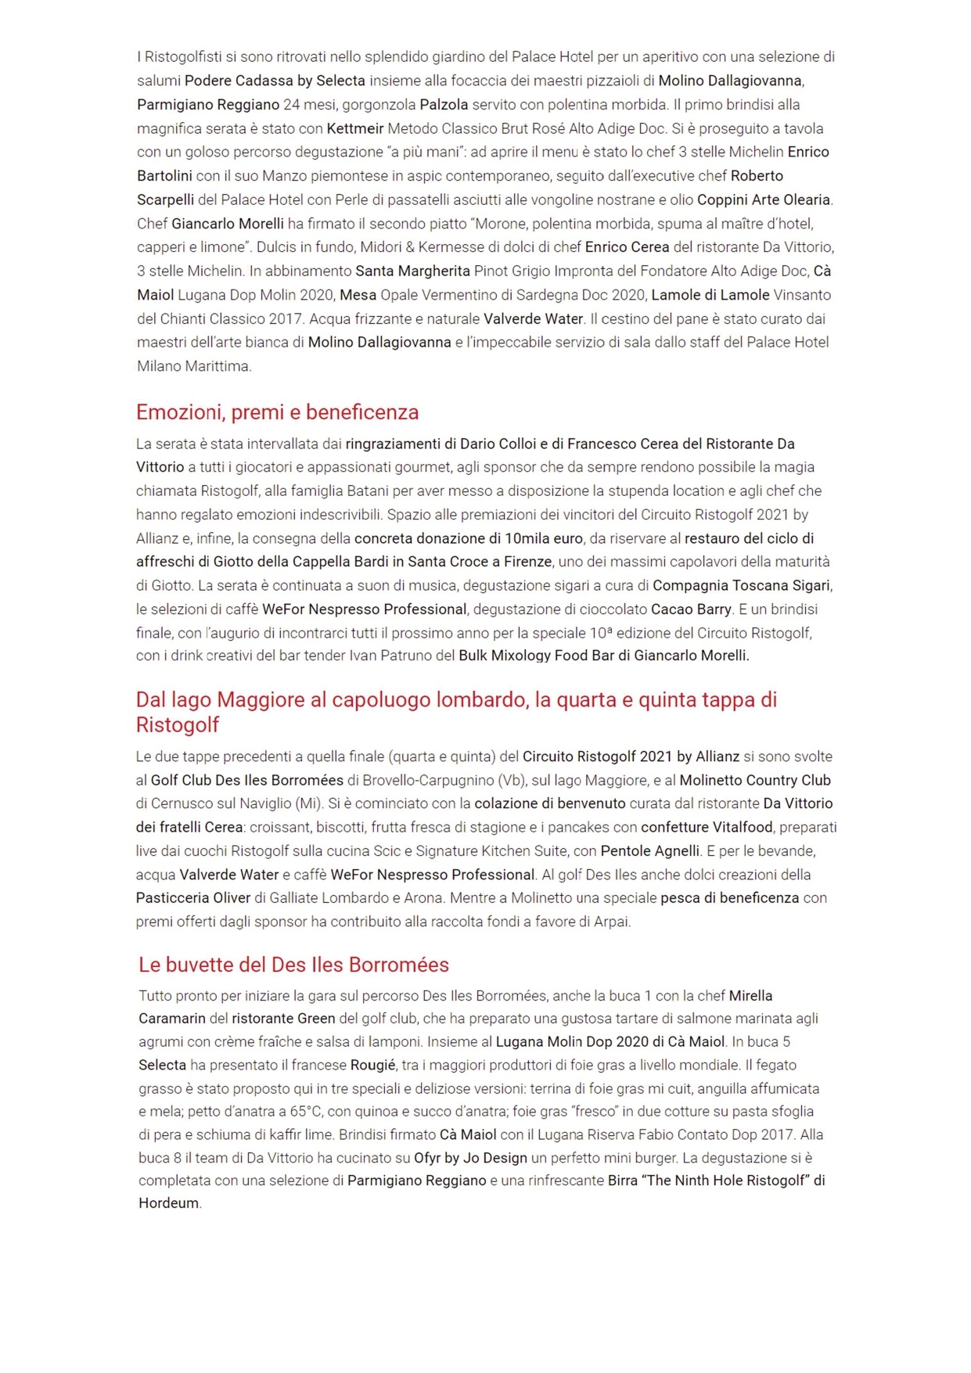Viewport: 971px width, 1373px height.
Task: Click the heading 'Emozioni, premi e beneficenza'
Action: [277, 412]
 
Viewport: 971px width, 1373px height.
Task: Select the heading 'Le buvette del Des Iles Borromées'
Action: [293, 965]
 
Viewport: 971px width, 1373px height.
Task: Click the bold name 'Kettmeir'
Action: [355, 128]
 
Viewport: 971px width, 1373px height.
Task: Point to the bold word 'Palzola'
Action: [444, 105]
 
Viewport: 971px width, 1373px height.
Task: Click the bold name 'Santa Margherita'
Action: [412, 271]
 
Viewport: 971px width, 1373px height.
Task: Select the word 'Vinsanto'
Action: [802, 295]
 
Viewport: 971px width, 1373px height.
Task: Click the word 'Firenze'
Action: [527, 562]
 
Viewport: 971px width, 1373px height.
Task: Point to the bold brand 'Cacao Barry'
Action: [691, 609]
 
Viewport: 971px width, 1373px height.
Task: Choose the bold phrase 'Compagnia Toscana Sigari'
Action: [741, 585]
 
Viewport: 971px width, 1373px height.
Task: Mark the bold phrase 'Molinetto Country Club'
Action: [755, 780]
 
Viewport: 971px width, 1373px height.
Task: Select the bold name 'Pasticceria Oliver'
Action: [193, 897]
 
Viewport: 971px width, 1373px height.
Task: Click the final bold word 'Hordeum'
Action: [168, 1203]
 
